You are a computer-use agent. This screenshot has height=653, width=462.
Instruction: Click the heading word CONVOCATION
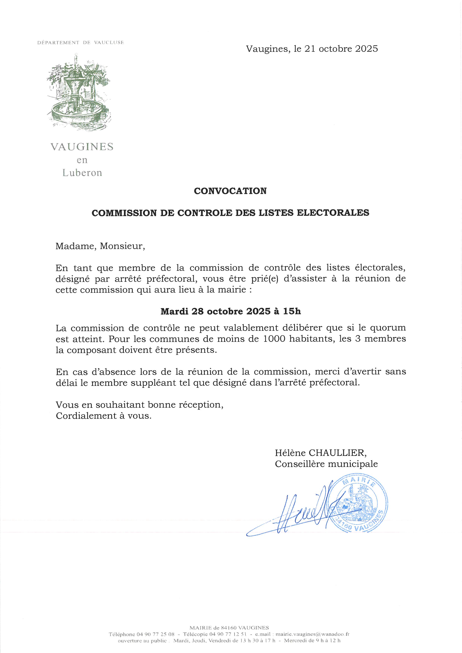[x=230, y=191]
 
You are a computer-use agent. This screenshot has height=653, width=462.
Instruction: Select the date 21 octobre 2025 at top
[x=341, y=49]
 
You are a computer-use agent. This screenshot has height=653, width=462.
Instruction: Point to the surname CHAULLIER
[x=337, y=453]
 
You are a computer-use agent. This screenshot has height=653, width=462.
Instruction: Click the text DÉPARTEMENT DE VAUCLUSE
[x=80, y=43]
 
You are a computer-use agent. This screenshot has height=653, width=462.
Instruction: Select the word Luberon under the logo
[x=82, y=173]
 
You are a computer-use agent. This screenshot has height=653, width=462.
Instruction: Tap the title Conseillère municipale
[x=326, y=464]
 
